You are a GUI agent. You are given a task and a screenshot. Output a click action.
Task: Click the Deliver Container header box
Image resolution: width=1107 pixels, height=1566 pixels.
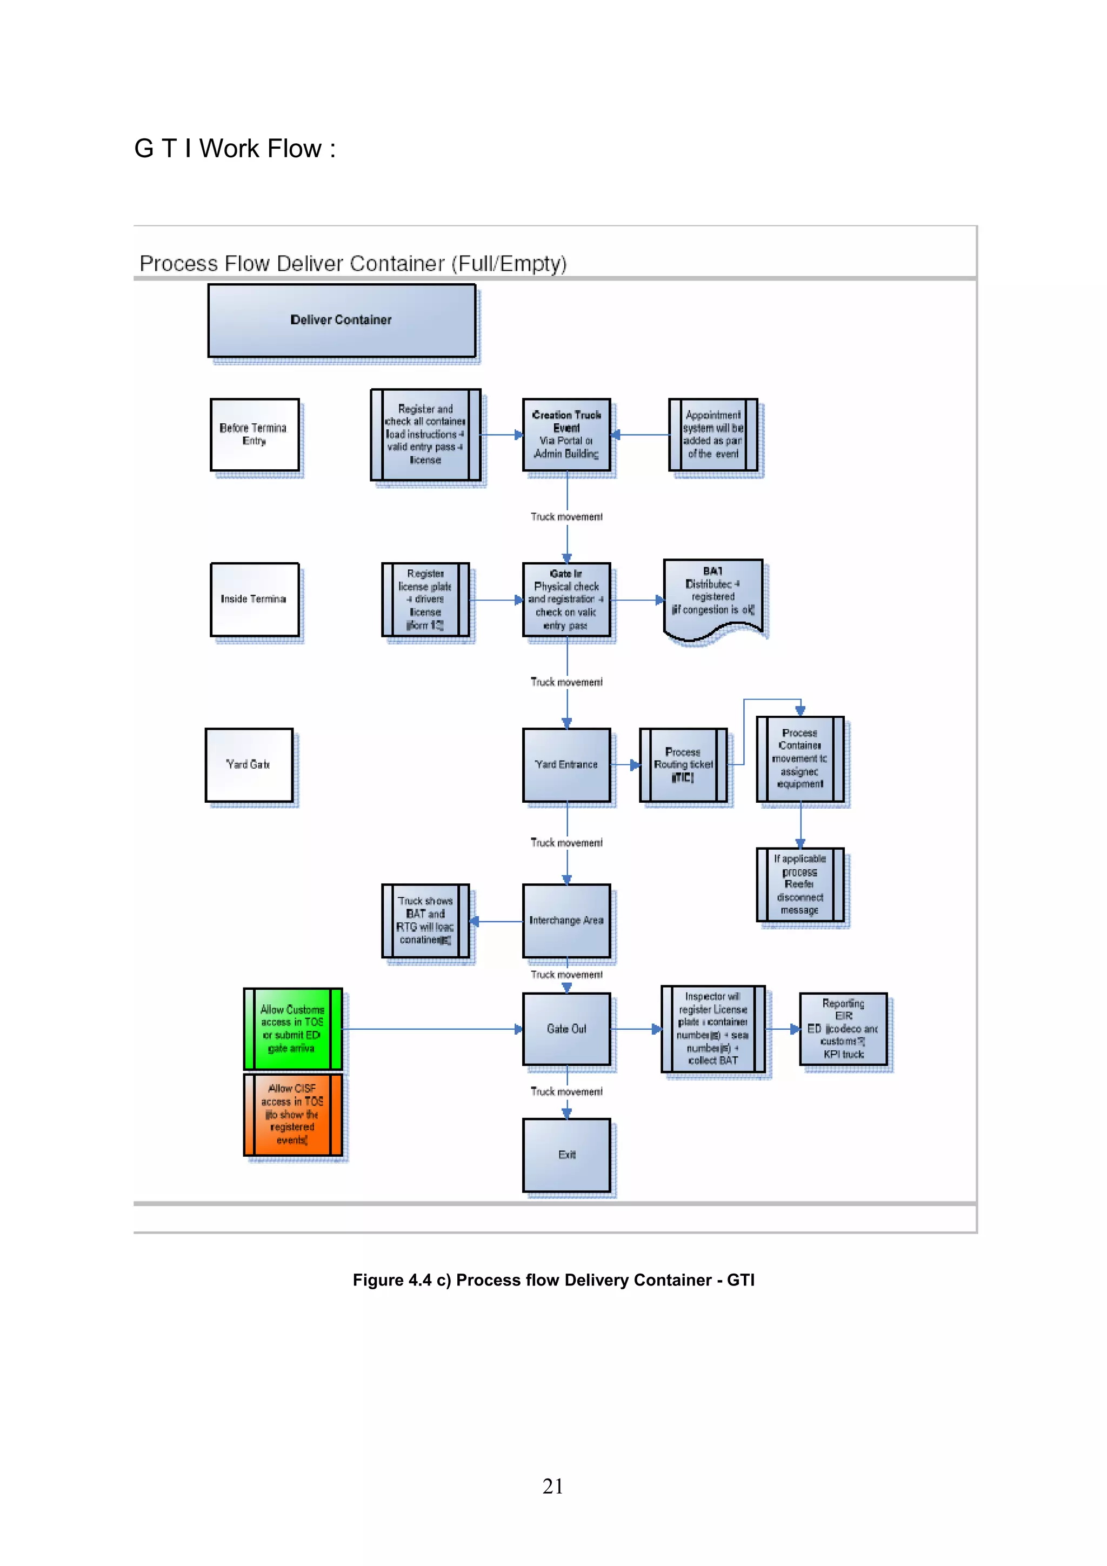[341, 320]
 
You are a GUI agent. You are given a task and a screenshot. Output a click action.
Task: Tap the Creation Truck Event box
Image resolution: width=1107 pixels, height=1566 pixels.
[566, 435]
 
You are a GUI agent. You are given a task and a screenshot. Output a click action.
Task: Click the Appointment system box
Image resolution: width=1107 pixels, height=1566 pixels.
[713, 435]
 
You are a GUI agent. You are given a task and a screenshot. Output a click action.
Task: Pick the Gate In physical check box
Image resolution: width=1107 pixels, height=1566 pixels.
[566, 599]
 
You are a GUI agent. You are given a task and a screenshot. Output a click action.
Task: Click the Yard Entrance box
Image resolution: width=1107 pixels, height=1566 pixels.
[566, 764]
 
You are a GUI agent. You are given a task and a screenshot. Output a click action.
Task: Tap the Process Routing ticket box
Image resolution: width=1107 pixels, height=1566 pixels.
[683, 764]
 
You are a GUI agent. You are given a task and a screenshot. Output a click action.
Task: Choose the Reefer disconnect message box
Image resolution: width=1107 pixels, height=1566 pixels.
[799, 885]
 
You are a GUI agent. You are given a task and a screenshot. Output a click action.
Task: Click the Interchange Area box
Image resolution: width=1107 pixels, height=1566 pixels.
[566, 921]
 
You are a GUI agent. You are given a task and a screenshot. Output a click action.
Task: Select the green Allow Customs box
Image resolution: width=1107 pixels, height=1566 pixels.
[292, 1029]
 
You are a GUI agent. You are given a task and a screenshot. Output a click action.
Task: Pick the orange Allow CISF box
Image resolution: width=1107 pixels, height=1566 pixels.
[292, 1115]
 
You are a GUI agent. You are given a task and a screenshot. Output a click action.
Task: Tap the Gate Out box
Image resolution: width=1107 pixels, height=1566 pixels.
[566, 1029]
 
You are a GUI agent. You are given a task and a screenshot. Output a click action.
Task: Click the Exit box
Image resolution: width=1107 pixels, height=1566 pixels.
[566, 1155]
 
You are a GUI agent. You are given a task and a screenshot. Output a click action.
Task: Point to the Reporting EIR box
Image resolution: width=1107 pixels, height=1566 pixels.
[843, 1029]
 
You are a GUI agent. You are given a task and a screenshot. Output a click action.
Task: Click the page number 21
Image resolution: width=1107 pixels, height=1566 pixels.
[553, 1486]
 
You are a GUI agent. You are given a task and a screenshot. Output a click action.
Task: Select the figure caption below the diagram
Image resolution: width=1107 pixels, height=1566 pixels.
[553, 1280]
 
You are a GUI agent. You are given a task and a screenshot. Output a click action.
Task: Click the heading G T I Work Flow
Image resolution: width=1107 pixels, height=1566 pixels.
[235, 149]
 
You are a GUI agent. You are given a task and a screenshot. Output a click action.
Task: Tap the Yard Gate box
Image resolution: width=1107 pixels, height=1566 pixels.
[249, 764]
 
